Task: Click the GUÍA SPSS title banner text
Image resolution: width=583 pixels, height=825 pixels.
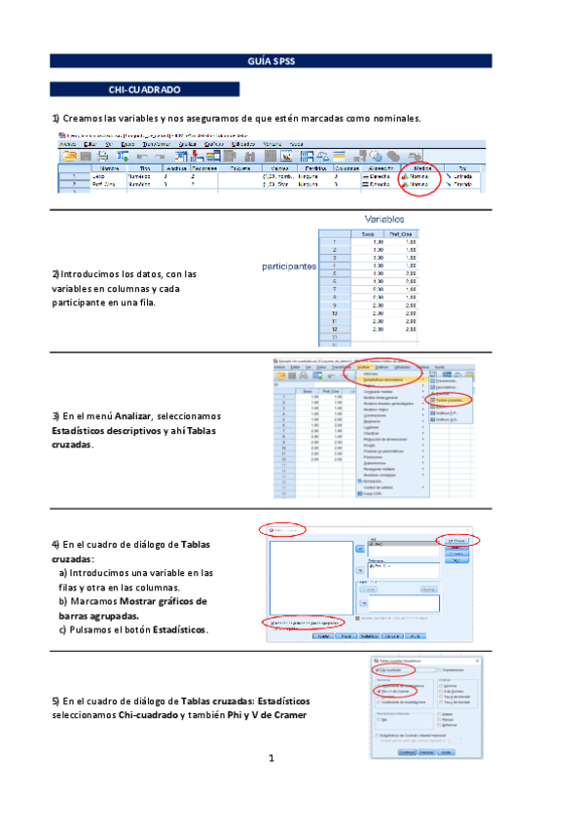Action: pos(278,60)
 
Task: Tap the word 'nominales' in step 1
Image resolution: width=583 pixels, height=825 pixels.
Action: pos(391,119)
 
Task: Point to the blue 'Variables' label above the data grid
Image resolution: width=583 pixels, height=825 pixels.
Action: pos(384,220)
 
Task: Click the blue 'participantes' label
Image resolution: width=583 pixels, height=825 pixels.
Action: pos(289,265)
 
